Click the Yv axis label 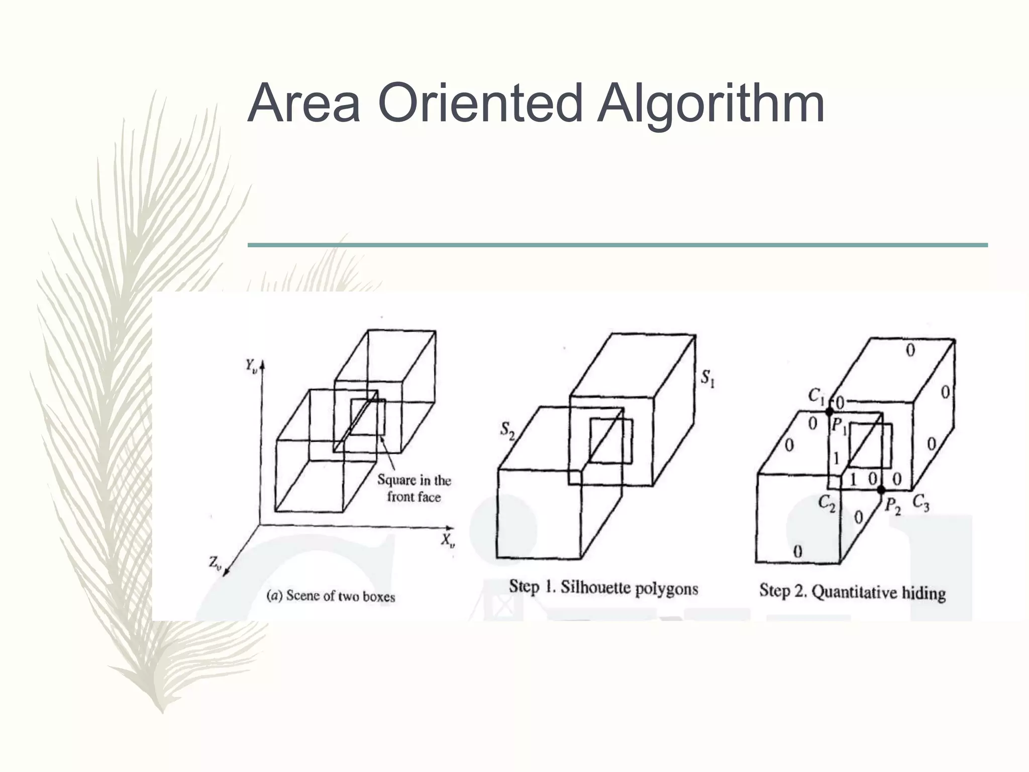tap(251, 365)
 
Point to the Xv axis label tap(448, 541)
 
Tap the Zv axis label tap(215, 563)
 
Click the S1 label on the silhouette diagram tap(708, 378)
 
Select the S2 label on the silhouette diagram tap(507, 431)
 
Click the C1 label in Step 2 tap(816, 396)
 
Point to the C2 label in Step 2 tap(827, 503)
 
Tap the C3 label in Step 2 tap(920, 502)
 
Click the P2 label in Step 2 tap(893, 506)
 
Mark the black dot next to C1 tap(830, 412)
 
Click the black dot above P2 tap(881, 489)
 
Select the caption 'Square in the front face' tap(415, 489)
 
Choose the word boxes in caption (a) tap(379, 597)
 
